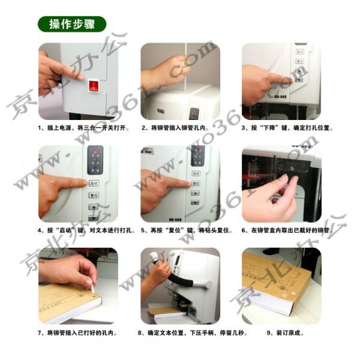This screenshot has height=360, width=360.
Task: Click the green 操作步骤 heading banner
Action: [71, 25]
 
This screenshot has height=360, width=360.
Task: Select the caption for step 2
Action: [179, 128]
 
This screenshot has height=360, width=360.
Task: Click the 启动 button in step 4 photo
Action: [94, 182]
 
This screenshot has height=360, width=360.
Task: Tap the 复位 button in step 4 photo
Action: [94, 195]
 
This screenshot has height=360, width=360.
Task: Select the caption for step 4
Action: [78, 230]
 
